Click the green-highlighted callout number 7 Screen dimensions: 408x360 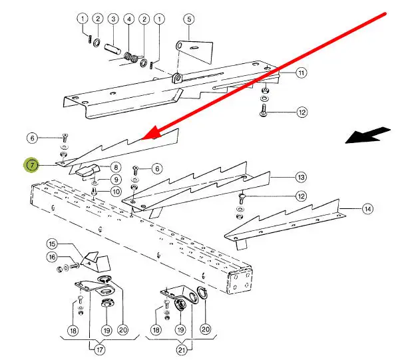(x=31, y=165)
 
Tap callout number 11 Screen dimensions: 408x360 (x=301, y=73)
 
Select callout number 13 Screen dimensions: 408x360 (x=301, y=178)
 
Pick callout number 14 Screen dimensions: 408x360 (x=367, y=209)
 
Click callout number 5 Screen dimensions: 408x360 (x=189, y=19)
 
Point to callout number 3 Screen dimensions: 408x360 (x=113, y=19)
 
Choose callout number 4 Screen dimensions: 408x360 (x=129, y=19)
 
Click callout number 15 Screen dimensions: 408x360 (x=52, y=244)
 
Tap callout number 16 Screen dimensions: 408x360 (x=52, y=258)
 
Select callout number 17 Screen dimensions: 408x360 (x=100, y=349)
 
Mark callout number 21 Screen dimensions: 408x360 (x=182, y=350)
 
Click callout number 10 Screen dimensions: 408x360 (x=116, y=192)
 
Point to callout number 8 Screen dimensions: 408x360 (x=116, y=167)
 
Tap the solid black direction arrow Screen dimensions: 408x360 (x=368, y=135)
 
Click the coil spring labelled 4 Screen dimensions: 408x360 (x=130, y=57)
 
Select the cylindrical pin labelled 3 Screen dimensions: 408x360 (x=112, y=49)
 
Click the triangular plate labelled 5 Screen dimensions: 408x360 (x=195, y=51)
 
